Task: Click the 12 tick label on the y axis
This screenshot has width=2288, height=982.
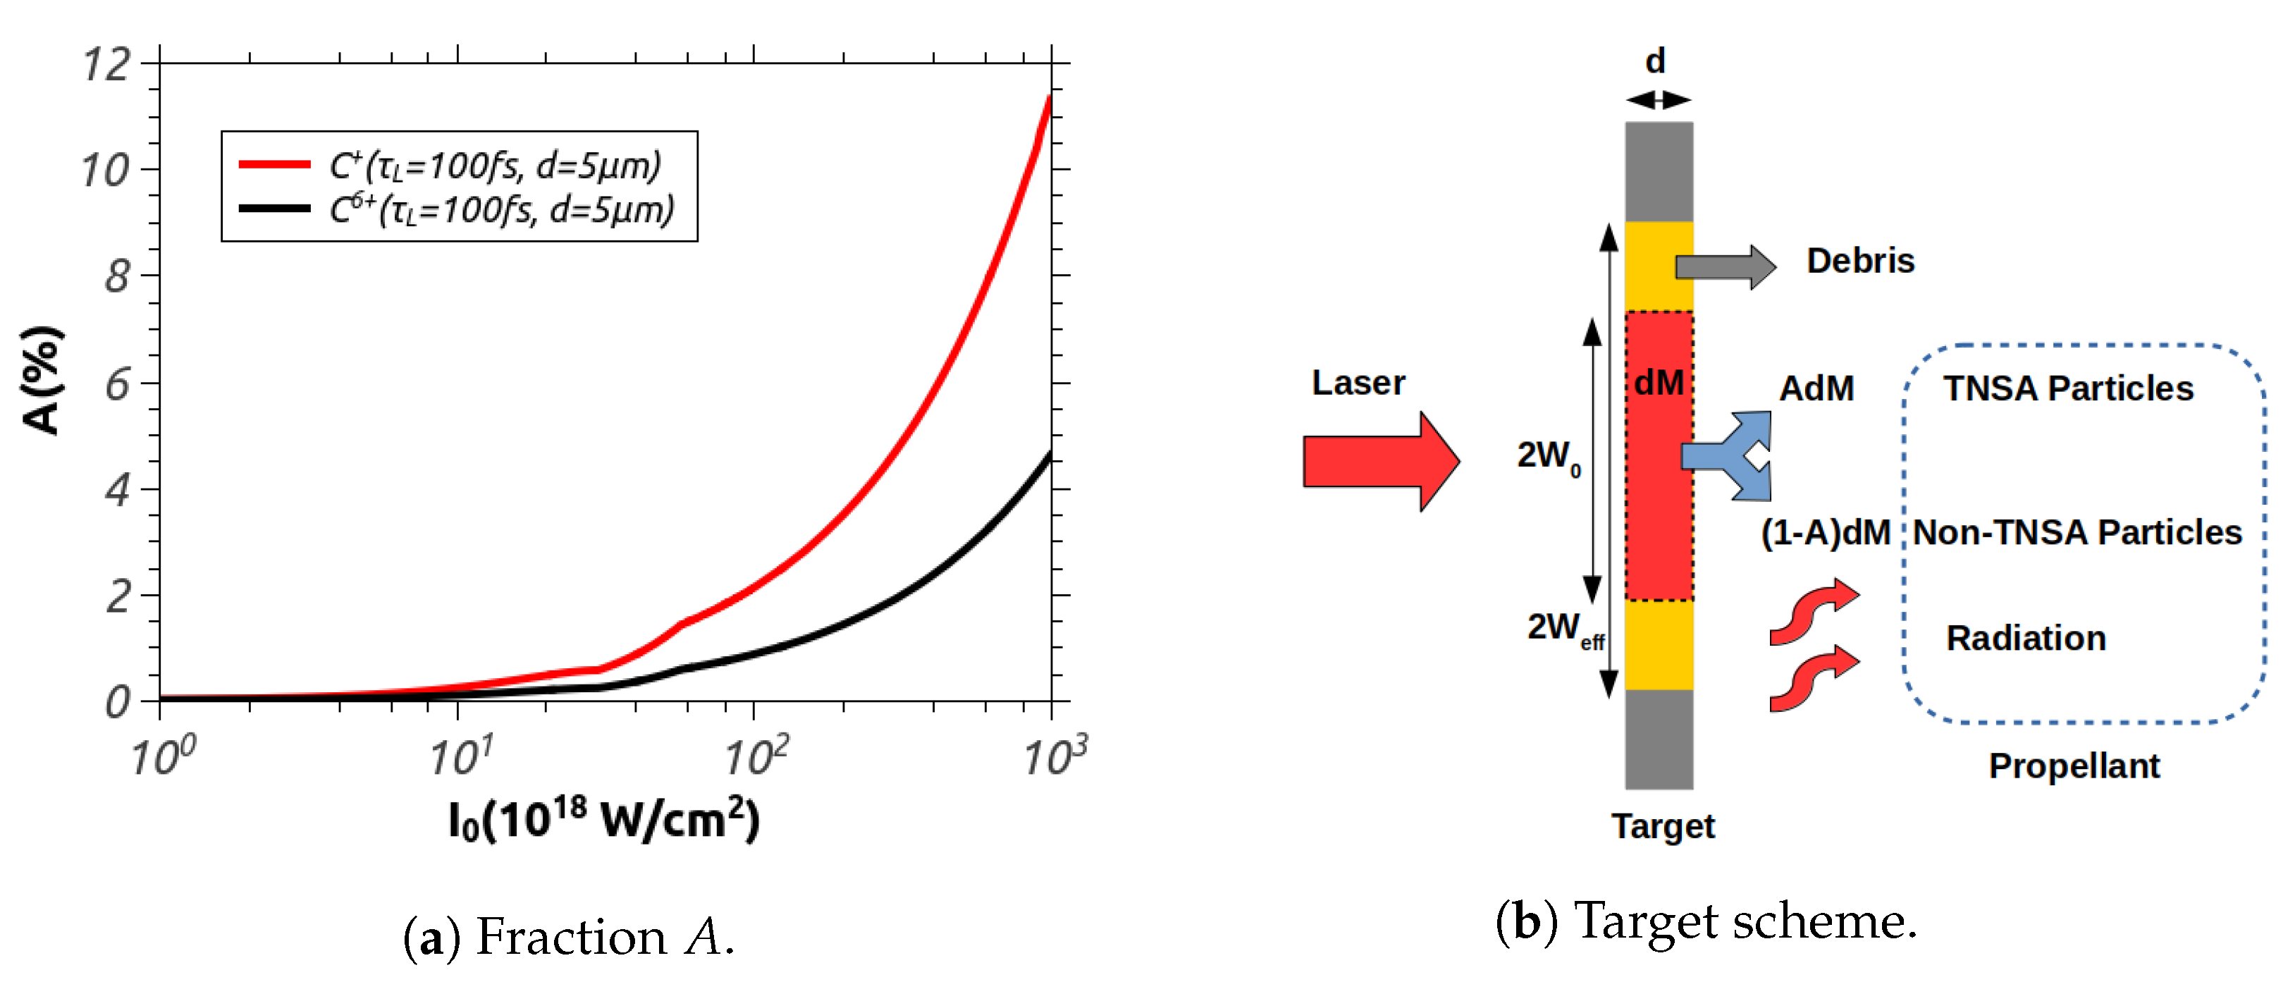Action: [106, 65]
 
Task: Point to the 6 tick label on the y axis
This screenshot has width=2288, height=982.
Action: [117, 385]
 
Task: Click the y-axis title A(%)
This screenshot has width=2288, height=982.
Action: [42, 381]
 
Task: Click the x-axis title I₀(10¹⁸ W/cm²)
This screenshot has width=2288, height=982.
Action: [604, 818]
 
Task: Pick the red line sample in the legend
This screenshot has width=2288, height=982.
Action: [274, 164]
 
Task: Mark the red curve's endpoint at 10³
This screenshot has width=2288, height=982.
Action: [1050, 98]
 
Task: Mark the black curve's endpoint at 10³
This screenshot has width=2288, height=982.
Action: [1050, 455]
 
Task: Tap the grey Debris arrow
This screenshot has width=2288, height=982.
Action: [1724, 266]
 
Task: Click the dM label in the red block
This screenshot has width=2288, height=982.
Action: [1659, 383]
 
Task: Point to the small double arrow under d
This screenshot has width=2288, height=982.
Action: [1659, 100]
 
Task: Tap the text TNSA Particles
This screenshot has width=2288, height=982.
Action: [2067, 388]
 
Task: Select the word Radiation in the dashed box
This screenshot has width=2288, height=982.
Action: [2026, 638]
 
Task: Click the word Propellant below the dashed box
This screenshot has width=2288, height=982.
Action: [2074, 766]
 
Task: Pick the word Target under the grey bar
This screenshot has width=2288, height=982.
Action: [1663, 826]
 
